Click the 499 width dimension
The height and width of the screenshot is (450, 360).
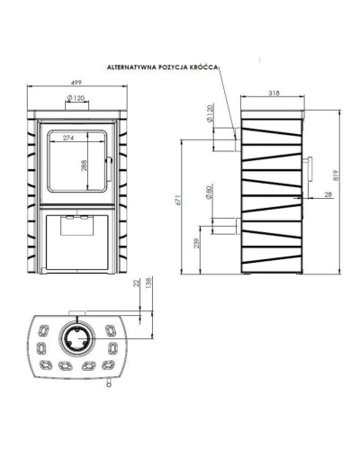[77, 82]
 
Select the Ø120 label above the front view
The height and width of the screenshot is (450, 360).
[76, 98]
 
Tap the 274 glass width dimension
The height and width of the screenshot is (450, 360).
[68, 138]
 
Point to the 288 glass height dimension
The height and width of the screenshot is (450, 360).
[84, 166]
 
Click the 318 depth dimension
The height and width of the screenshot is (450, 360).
[274, 93]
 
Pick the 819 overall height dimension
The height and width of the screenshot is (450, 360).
[336, 175]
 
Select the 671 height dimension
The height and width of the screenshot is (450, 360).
[177, 200]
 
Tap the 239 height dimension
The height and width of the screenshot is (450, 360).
[196, 243]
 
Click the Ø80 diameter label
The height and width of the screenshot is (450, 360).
[210, 192]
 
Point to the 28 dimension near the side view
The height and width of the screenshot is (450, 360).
[328, 194]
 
